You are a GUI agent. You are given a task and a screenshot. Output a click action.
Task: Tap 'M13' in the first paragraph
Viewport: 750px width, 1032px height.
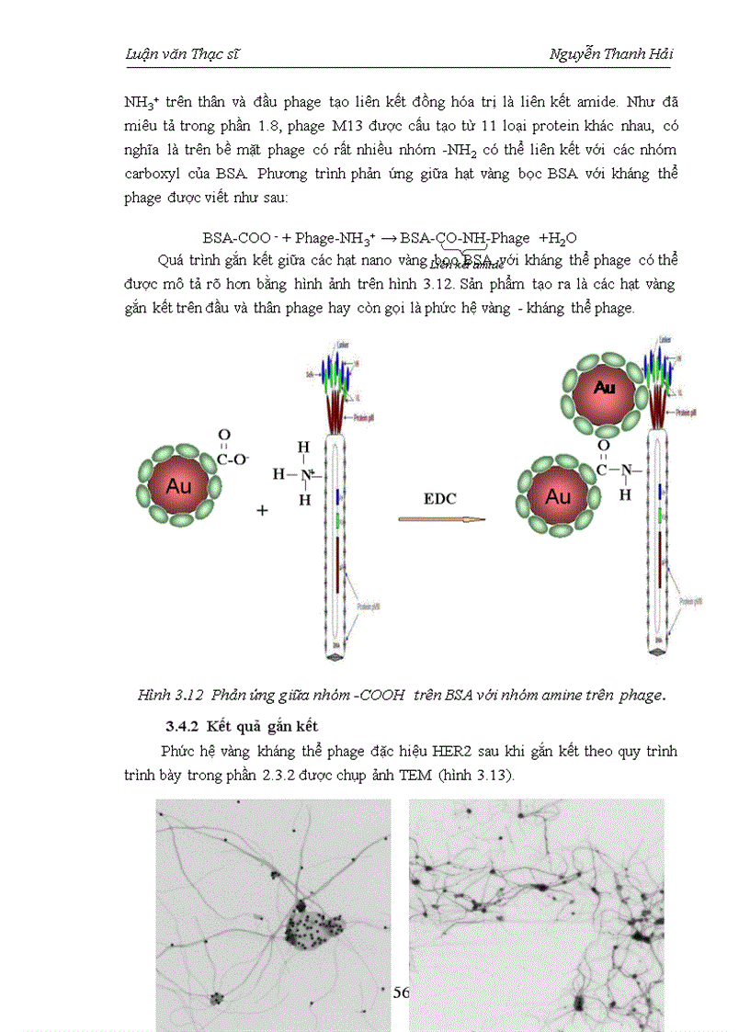[x=348, y=123]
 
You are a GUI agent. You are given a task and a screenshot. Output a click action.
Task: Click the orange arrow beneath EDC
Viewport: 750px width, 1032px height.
[x=440, y=520]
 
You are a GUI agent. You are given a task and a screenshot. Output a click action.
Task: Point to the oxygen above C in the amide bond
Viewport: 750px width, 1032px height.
[x=603, y=448]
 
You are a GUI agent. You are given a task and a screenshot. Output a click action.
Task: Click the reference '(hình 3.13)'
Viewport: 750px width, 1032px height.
[x=507, y=775]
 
